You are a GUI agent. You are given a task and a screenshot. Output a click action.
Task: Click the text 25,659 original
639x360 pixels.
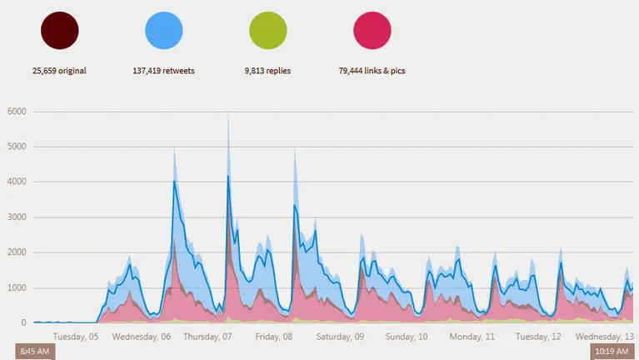[59, 71]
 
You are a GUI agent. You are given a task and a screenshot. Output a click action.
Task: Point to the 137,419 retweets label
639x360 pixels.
[164, 71]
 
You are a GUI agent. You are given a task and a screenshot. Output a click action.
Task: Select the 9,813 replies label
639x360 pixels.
[268, 71]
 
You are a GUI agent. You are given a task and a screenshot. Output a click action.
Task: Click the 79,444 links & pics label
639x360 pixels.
[372, 71]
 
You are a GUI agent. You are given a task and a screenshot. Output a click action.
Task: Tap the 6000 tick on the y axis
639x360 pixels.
[17, 112]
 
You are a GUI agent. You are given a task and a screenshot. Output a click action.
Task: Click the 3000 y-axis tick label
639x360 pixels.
[17, 217]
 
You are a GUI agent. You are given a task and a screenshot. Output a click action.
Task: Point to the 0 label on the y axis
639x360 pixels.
[25, 322]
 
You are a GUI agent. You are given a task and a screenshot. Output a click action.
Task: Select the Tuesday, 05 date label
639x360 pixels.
[76, 337]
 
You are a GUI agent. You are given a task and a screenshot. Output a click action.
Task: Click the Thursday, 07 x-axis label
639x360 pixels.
[207, 337]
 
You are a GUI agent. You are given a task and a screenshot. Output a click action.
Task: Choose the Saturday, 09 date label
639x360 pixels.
[340, 337]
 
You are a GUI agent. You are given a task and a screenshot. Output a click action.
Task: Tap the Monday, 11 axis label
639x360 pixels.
[472, 337]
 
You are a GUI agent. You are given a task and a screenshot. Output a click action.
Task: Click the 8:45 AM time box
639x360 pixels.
[35, 352]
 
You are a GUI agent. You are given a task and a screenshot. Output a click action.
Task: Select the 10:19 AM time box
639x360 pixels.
[612, 352]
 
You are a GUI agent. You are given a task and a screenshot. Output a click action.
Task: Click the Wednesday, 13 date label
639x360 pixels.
[604, 337]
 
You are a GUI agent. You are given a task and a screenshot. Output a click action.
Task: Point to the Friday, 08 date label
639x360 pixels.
[273, 337]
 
